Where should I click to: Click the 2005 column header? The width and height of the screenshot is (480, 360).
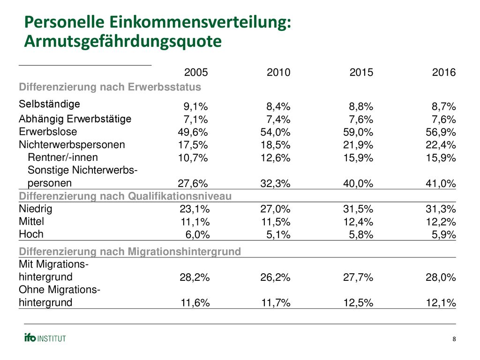(x=196, y=72)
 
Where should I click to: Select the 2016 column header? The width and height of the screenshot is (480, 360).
(x=444, y=72)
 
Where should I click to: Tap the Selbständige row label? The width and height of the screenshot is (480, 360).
(x=49, y=104)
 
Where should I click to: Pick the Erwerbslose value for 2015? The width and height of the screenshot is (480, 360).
(x=358, y=132)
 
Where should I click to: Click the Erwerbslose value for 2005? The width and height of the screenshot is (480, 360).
(x=193, y=132)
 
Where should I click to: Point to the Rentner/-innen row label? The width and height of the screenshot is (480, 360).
(x=63, y=157)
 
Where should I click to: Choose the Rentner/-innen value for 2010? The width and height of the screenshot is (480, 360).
(x=276, y=158)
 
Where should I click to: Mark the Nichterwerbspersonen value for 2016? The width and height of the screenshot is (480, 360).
(x=441, y=145)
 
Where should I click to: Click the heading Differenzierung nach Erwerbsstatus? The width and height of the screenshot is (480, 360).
(x=110, y=87)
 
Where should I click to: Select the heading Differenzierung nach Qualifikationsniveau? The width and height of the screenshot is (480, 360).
(x=125, y=196)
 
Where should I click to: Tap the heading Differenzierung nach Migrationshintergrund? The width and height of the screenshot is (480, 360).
(x=130, y=252)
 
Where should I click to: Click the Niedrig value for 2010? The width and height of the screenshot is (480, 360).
(x=276, y=209)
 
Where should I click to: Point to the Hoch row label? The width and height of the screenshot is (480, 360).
(x=31, y=234)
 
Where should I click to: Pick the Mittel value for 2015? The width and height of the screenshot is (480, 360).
(x=358, y=222)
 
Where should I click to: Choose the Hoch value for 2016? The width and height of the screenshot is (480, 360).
(x=444, y=235)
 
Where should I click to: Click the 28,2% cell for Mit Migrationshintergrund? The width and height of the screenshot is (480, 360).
(x=195, y=277)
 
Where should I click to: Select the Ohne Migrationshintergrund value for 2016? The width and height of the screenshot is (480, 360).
(x=441, y=303)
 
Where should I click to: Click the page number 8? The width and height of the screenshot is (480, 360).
(x=454, y=339)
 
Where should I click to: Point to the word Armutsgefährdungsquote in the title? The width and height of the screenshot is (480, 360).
(x=123, y=41)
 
